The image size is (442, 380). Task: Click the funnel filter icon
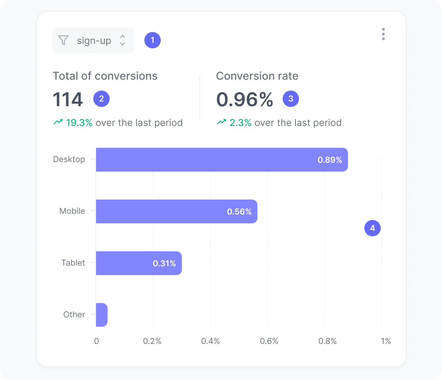[x=63, y=40]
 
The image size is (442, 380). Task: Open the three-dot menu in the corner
[x=383, y=34]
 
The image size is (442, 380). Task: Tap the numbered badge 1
[x=153, y=40]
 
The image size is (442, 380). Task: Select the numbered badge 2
[x=101, y=99]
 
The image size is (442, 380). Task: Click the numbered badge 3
[x=291, y=99]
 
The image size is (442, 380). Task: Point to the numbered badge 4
[x=373, y=228]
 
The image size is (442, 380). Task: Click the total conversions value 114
[x=68, y=99]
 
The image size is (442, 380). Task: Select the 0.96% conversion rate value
[x=244, y=99]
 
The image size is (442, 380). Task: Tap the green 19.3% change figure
[x=79, y=123]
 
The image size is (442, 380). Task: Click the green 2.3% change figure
[x=240, y=123]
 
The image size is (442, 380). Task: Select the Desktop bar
[x=221, y=160]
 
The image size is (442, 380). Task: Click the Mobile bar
[x=176, y=211]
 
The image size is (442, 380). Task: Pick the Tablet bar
[x=139, y=263]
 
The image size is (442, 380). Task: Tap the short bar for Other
[x=102, y=315]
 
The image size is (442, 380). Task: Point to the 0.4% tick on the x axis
[x=210, y=341]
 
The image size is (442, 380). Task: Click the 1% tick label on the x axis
[x=386, y=341]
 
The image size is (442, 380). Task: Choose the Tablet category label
[x=73, y=263]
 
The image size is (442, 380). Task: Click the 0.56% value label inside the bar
[x=239, y=212]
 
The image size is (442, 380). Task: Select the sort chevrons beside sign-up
[x=123, y=40]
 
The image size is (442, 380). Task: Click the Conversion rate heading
[x=257, y=76]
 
